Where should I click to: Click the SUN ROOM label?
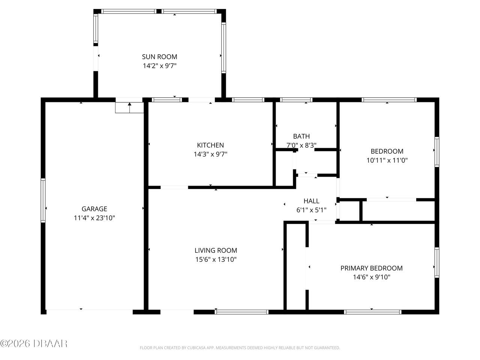(159, 57)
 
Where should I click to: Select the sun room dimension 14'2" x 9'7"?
(159, 66)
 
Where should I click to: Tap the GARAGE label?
(94, 209)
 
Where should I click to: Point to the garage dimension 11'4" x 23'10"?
(94, 218)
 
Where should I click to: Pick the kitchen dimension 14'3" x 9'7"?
(210, 154)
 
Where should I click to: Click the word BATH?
(301, 136)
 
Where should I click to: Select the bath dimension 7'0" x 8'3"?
(301, 145)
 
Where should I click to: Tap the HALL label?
(311, 201)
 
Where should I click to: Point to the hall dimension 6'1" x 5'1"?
(311, 210)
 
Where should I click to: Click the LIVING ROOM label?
(216, 250)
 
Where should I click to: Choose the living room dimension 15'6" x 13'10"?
(216, 259)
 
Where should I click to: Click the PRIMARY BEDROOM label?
(371, 268)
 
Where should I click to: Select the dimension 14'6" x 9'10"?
(371, 277)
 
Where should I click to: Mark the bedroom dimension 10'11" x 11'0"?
(387, 160)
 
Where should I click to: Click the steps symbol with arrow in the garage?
(129, 107)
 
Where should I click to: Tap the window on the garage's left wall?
(43, 201)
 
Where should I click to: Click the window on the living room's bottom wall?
(242, 312)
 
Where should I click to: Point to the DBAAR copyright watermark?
(34, 343)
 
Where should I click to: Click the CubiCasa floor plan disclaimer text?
(240, 348)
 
